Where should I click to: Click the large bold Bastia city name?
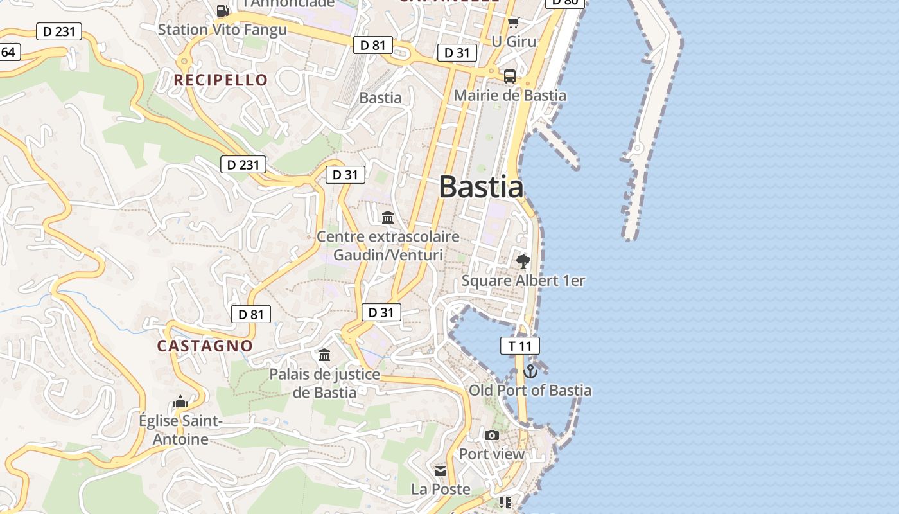pos(481,187)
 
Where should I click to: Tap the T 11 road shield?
pos(520,346)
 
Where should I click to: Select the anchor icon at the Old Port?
pos(530,371)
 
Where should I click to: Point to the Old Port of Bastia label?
pos(530,390)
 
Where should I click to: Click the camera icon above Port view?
pos(492,436)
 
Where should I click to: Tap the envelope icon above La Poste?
pos(441,471)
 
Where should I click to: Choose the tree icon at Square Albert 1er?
pos(523,261)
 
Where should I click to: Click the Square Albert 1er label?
pos(523,281)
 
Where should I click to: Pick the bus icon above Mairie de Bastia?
pos(510,76)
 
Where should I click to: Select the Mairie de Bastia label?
pos(510,96)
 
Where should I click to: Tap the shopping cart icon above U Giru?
pos(513,24)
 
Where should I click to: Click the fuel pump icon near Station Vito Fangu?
pos(222,10)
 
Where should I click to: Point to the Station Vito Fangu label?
pos(222,30)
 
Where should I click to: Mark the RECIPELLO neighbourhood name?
pos(221,80)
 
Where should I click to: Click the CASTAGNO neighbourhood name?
pos(205,346)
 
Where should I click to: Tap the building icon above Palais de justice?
pos(324,355)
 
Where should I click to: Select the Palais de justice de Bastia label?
pos(324,383)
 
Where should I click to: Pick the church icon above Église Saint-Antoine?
pos(180,402)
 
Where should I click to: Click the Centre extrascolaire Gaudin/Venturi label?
pos(388,245)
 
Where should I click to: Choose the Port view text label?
pos(492,454)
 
